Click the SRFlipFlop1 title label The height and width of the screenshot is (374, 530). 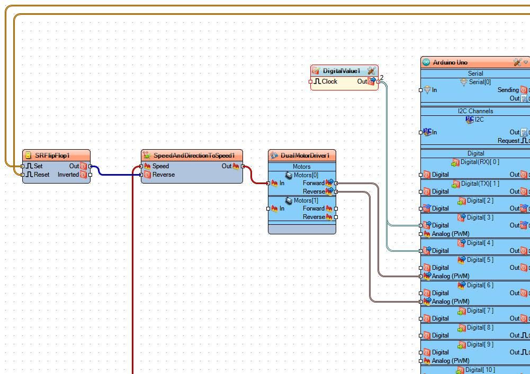click(x=52, y=156)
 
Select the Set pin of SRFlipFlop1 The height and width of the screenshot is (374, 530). click(x=38, y=166)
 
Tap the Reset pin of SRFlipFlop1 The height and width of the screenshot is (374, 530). click(x=41, y=175)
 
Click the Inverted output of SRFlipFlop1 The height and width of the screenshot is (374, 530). click(x=68, y=175)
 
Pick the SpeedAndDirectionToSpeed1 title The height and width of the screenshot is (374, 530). click(x=194, y=156)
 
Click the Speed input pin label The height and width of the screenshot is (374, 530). click(x=160, y=166)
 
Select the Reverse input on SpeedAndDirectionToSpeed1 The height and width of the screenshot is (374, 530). click(x=163, y=175)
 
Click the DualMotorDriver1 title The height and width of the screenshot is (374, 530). click(x=305, y=156)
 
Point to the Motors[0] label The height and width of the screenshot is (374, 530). click(x=306, y=175)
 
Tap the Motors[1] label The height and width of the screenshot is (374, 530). click(x=306, y=200)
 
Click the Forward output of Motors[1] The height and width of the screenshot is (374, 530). click(x=313, y=208)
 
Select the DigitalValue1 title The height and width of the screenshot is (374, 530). click(x=342, y=71)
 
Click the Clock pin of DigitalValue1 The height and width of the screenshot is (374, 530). click(x=329, y=81)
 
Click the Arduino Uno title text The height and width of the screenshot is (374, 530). click(x=450, y=62)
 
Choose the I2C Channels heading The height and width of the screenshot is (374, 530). click(x=475, y=111)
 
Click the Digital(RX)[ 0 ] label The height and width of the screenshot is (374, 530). click(x=480, y=162)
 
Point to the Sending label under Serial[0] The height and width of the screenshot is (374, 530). click(x=508, y=90)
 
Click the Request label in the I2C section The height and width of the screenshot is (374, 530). click(x=508, y=141)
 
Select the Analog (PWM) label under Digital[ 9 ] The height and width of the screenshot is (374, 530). click(x=451, y=361)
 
